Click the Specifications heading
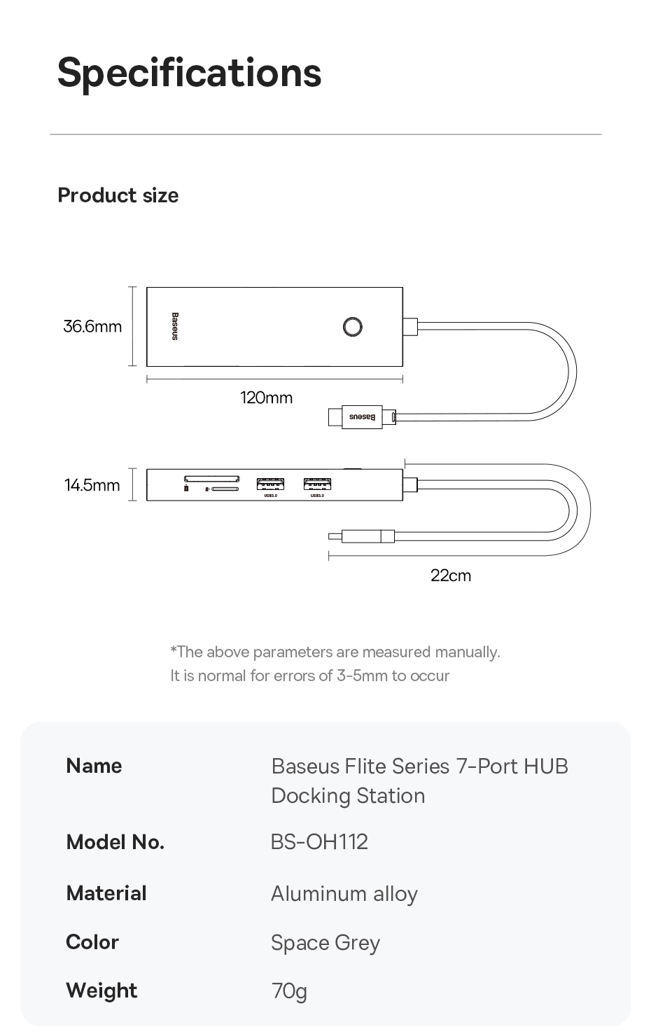click(x=189, y=73)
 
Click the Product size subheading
click(x=118, y=195)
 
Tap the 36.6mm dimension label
click(x=92, y=326)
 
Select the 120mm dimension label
click(x=266, y=398)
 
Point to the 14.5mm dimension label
click(x=92, y=485)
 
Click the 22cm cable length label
click(x=451, y=575)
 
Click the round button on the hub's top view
click(x=353, y=327)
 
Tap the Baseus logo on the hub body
click(x=175, y=326)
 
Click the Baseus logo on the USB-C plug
click(x=362, y=417)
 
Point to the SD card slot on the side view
click(x=211, y=479)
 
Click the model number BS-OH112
click(x=319, y=841)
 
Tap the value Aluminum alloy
click(x=344, y=894)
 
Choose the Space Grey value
click(x=325, y=943)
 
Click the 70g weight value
click(x=289, y=991)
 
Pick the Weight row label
click(x=101, y=990)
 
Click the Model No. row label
click(x=115, y=842)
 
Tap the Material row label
click(x=106, y=893)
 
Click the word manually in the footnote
click(x=467, y=652)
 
